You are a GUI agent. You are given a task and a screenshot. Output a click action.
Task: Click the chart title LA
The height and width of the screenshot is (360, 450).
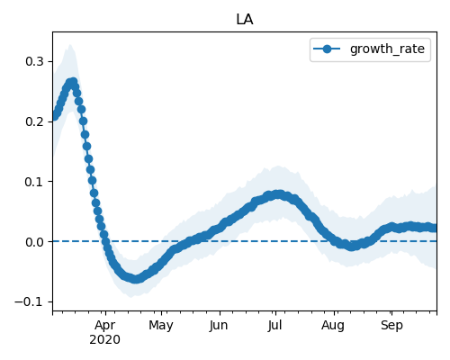(245, 20)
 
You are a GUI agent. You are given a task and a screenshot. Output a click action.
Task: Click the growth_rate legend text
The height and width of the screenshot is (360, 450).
(387, 49)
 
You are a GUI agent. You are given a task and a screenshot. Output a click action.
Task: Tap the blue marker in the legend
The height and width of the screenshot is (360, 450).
(327, 49)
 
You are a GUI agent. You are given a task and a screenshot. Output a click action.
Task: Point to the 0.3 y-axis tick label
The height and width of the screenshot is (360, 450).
(35, 61)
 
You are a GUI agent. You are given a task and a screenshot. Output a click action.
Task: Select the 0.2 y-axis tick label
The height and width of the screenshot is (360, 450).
(35, 121)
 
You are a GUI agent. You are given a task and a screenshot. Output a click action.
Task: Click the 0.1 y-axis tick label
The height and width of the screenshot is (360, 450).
(35, 182)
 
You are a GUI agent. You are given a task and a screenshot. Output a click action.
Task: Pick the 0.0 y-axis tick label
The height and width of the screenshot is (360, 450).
(35, 242)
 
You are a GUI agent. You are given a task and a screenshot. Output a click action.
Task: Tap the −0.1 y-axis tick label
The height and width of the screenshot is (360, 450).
(30, 301)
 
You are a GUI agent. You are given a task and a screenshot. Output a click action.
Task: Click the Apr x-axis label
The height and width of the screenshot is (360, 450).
(105, 325)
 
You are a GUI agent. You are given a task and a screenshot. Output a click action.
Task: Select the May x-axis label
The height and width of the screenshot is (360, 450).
(161, 326)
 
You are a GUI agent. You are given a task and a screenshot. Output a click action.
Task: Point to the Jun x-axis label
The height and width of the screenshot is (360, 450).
(219, 325)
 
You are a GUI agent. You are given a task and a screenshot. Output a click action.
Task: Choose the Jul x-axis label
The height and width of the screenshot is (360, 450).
(274, 325)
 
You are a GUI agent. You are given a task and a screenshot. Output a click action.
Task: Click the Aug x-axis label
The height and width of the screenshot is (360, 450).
(333, 326)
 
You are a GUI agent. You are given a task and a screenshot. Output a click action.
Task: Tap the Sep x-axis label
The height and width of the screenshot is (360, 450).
(391, 326)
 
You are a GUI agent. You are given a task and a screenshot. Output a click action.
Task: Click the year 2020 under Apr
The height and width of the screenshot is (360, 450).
(104, 339)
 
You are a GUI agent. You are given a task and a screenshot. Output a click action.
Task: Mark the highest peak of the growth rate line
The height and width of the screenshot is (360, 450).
(73, 82)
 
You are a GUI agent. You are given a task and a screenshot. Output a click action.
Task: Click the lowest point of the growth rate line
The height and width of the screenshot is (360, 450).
(136, 279)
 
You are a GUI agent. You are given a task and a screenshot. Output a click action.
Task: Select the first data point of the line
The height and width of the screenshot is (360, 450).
(54, 117)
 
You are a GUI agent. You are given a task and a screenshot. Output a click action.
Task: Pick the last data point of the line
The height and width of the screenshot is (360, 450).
(435, 229)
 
